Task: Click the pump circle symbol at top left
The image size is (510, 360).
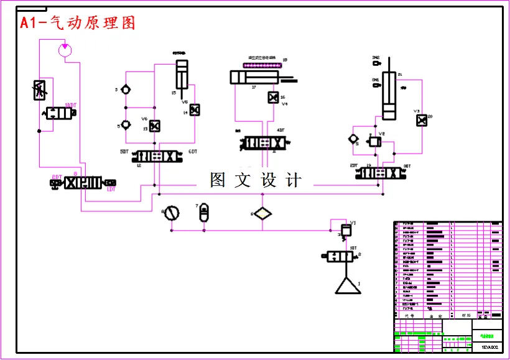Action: pos(65,49)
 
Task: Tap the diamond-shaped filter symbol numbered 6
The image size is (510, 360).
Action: pos(262,214)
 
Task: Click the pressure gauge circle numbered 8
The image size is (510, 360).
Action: pos(171,214)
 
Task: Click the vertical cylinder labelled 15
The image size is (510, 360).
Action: pos(181,76)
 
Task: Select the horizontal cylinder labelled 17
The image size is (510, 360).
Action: pos(254,77)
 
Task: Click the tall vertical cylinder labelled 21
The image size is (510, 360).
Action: pos(389,95)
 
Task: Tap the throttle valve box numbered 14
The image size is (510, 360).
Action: pos(194,110)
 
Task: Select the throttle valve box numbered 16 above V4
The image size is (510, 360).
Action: pos(272,98)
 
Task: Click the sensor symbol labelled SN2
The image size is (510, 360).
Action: pos(376,62)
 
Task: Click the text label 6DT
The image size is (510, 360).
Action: pos(192,152)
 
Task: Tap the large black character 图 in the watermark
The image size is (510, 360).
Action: pos(218,180)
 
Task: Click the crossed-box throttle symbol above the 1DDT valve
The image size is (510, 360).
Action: pos(40,91)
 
